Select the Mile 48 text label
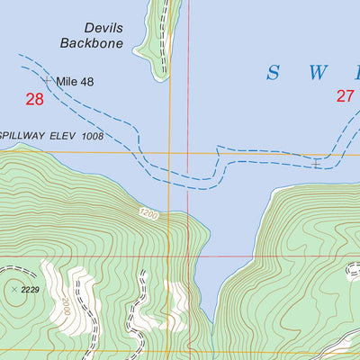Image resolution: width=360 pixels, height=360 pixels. (75, 82)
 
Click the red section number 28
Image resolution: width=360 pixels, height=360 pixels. (34, 100)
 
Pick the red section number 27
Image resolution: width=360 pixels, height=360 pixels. (346, 96)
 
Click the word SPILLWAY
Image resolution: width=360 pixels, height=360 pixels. (25, 136)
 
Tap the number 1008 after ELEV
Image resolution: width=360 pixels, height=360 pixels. (91, 136)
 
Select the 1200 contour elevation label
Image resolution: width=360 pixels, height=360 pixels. (148, 214)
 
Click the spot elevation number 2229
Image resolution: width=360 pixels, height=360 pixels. (30, 289)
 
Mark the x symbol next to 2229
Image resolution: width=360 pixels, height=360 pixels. (13, 289)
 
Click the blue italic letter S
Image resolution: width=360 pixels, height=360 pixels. (272, 73)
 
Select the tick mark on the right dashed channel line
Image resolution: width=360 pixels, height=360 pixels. (317, 162)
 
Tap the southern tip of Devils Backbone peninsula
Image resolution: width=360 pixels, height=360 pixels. (162, 77)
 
